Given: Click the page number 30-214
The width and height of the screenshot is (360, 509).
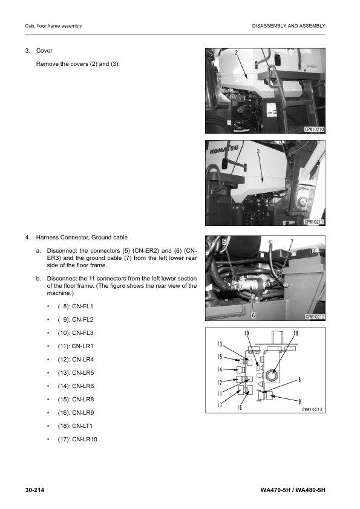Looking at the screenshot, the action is coord(34,490).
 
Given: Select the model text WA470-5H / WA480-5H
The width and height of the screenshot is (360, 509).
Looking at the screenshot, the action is coord(293,490).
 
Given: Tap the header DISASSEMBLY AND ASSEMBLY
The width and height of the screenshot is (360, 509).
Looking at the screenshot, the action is coord(289,26).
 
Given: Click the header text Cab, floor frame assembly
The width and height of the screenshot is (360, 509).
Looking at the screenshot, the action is coord(53,26).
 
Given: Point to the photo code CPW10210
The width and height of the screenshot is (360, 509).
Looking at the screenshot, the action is coord(314,129).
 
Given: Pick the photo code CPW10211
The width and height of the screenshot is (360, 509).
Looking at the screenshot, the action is coord(314,222).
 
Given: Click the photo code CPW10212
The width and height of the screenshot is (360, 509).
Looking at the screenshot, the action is coord(315,317).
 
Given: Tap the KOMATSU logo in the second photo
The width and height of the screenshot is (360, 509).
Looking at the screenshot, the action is coord(224,150).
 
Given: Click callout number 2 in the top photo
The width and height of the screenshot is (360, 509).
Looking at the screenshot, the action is coord(236,53).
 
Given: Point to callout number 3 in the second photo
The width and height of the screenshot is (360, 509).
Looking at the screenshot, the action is coord(258,151).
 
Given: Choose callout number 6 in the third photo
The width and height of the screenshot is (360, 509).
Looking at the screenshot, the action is coord(254,315).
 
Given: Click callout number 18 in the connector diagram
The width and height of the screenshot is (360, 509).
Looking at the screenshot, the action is coord(296,333).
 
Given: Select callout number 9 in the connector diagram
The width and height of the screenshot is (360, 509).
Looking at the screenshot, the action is coord(299,401).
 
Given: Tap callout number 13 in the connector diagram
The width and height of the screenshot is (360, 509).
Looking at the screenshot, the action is coord(220,345).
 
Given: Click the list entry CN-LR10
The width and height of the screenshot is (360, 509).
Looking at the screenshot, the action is coord(85,439).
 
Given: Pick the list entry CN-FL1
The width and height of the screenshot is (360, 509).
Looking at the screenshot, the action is coord(82,306).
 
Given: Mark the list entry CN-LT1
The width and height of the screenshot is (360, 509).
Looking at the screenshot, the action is coord(82,426).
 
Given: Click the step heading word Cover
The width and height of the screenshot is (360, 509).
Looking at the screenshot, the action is coord(44,51).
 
